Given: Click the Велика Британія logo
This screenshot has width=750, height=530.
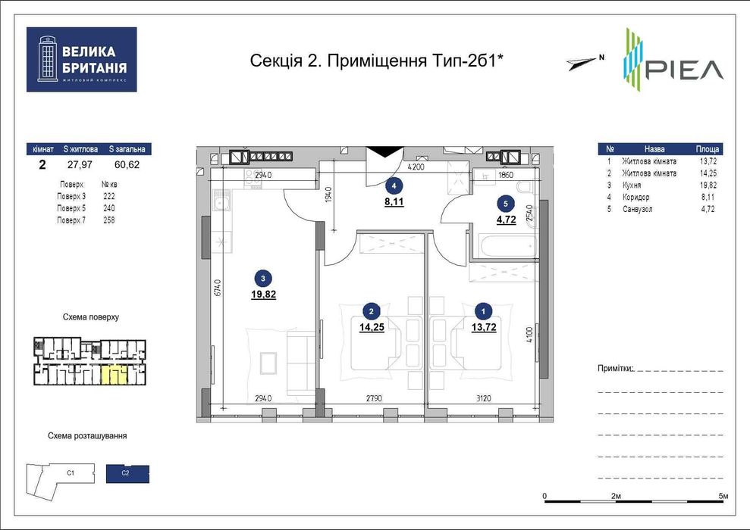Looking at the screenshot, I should (81, 60).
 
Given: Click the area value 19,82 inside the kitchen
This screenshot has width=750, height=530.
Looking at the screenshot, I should (263, 295).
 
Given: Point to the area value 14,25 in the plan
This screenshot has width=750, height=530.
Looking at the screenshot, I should (372, 327).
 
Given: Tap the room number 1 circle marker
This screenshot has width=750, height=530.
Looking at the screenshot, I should (482, 310).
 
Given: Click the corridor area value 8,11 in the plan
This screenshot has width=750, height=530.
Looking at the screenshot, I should (393, 202).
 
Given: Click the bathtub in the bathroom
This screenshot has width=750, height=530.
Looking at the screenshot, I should (503, 246).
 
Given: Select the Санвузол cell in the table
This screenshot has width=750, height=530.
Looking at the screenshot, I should (637, 208).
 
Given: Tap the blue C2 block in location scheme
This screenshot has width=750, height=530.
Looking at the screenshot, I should (127, 474).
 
